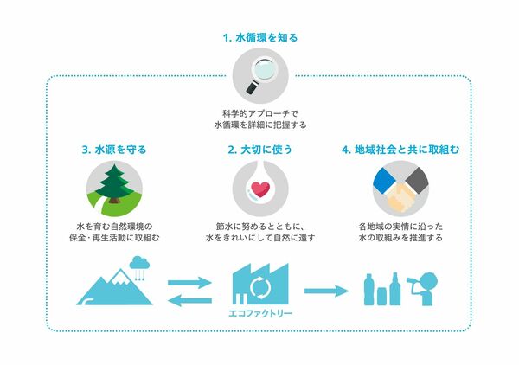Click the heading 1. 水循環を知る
[260, 38]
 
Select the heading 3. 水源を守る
[114, 150]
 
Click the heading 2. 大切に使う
[260, 150]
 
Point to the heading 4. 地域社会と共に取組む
[400, 150]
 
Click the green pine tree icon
[114, 183]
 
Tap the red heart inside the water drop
[260, 189]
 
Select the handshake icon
[400, 189]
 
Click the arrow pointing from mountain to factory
[189, 282]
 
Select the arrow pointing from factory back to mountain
[189, 300]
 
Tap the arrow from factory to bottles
[326, 291]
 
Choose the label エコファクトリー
[260, 313]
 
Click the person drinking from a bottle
[424, 289]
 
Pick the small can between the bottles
[382, 296]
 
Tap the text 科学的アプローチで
[260, 114]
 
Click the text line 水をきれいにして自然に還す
[260, 238]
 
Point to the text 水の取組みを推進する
[400, 238]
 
